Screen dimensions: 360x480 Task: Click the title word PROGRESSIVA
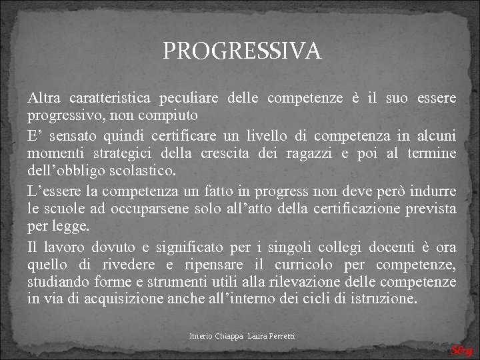coord(242,51)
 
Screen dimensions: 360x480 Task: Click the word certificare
coord(190,137)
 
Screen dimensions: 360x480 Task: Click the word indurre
coord(434,192)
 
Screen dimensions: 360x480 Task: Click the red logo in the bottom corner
coord(461,351)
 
